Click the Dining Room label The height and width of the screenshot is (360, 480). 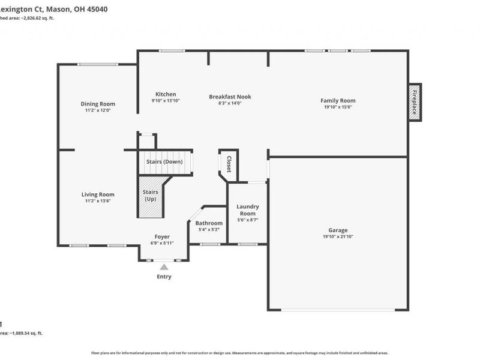click(98, 104)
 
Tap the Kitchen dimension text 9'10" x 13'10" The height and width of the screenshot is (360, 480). click(166, 101)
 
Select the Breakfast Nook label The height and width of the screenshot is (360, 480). click(230, 97)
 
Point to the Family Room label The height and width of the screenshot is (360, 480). click(338, 101)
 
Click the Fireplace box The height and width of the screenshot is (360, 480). click(415, 102)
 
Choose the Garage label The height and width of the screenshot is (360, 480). click(338, 230)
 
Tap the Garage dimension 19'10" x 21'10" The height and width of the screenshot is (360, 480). click(338, 237)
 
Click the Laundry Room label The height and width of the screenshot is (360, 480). click(247, 210)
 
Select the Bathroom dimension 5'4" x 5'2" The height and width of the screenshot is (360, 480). click(209, 230)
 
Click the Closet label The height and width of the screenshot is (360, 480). click(229, 164)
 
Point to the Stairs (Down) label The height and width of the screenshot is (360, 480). click(164, 162)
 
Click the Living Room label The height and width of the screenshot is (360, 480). click(98, 194)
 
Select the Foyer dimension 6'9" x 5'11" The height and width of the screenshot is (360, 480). click(162, 243)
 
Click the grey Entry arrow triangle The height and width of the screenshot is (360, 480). click(164, 267)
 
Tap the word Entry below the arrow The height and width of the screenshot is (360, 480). click(164, 277)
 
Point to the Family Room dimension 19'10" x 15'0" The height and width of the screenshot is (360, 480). click(338, 107)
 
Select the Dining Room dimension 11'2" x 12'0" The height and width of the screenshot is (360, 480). click(98, 110)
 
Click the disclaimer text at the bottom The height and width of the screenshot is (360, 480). click(240, 353)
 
